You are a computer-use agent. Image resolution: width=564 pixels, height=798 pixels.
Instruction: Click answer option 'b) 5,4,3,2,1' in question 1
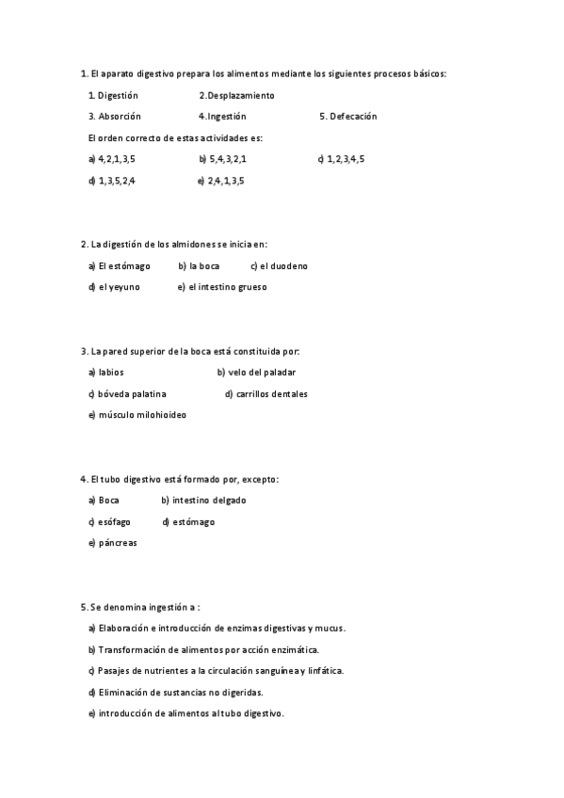tap(223, 159)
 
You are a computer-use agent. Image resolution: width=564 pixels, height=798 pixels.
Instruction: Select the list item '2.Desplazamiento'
tap(236, 95)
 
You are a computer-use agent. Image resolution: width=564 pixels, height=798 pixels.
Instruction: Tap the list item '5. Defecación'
tap(347, 117)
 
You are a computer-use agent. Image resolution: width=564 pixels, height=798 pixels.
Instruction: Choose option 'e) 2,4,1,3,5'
tap(221, 181)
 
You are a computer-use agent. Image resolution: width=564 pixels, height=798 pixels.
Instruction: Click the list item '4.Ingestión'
tap(222, 117)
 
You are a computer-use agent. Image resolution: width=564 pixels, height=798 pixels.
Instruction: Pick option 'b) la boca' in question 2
tap(199, 265)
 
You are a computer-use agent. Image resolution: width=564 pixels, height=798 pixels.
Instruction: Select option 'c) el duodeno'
tap(279, 265)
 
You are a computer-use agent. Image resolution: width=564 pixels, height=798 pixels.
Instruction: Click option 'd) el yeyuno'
tap(114, 287)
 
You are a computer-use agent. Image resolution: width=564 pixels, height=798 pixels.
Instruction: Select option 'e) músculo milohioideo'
tap(137, 415)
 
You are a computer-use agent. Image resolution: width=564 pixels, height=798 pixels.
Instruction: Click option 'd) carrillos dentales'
tap(266, 393)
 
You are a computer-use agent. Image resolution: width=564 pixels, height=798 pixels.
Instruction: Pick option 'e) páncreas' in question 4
tap(112, 543)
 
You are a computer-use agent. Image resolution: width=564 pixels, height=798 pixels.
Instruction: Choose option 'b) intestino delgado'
tap(203, 501)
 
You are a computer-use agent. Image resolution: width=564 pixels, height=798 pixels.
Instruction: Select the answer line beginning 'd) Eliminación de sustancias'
tap(175, 692)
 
